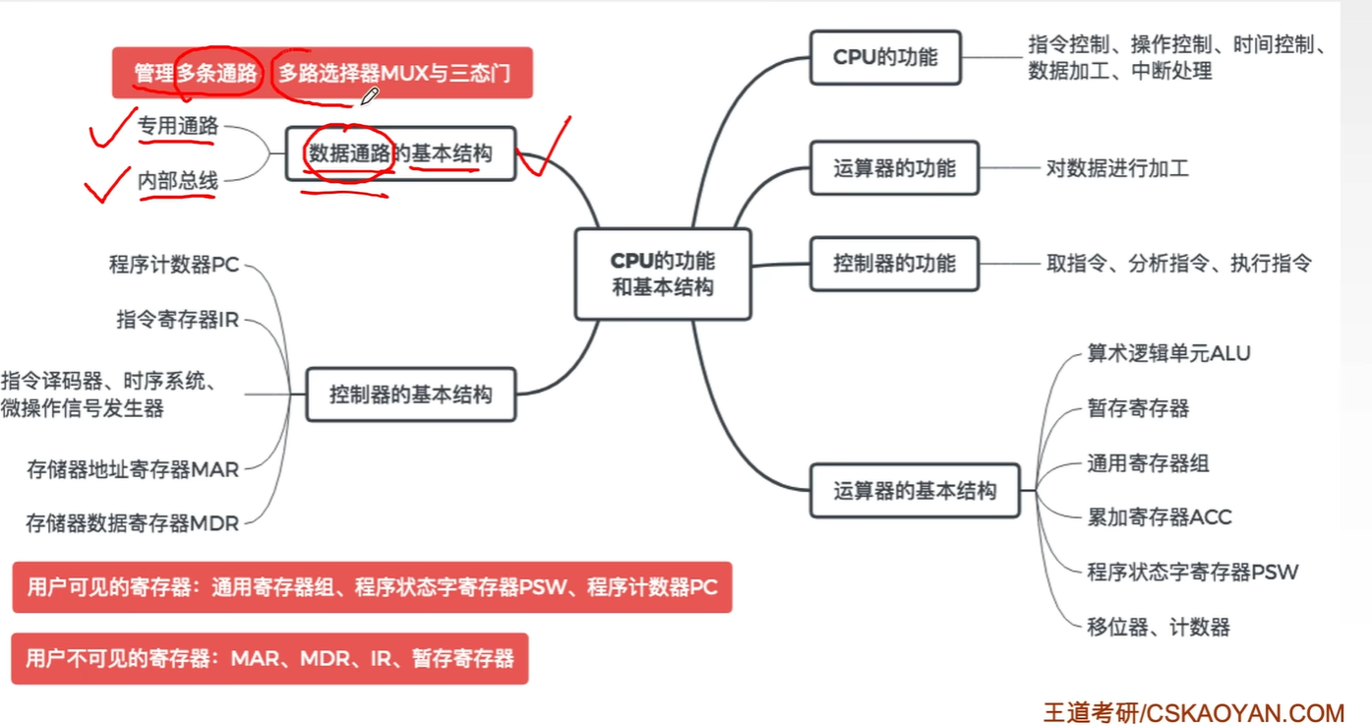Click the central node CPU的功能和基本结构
(x=662, y=274)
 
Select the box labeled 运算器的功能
(x=893, y=168)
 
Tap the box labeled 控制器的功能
(x=893, y=264)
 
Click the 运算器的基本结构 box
(x=914, y=490)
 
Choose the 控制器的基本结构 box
(x=410, y=394)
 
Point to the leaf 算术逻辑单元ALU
(x=1167, y=353)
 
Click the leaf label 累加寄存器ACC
(x=1159, y=516)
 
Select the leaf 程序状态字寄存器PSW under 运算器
(x=1192, y=572)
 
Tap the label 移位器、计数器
(x=1158, y=627)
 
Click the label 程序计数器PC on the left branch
(x=173, y=265)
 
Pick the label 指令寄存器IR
(x=177, y=320)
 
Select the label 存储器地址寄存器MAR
(x=133, y=469)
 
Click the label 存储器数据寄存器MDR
(x=133, y=523)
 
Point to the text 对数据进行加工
(x=1117, y=168)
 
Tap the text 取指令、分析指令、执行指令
(x=1178, y=264)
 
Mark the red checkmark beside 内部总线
(x=108, y=183)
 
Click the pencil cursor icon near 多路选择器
(x=369, y=96)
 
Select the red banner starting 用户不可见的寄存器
(x=269, y=658)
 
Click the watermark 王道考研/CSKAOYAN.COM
(x=1193, y=712)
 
